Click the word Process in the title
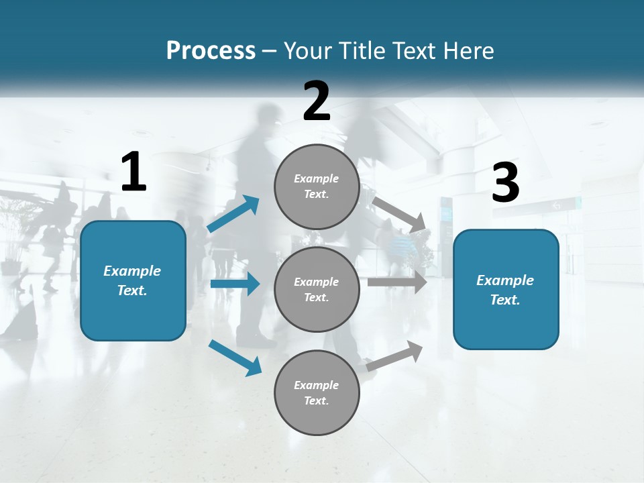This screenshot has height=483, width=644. pos(211,51)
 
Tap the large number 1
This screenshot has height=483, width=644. pos(133,172)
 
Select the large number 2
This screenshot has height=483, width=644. pos(317,101)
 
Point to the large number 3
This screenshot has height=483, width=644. pos(506,183)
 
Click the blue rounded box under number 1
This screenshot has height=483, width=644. pos(133,280)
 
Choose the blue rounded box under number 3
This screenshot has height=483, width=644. pos(506,289)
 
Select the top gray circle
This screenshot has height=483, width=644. pos(317,186)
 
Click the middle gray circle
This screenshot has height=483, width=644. pos(317,289)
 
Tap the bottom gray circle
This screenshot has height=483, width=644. pos(317,392)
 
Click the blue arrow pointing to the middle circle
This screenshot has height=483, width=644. pos(235,284)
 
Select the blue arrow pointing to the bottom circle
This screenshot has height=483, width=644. pos(235,358)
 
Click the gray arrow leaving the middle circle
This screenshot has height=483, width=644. pos(397,282)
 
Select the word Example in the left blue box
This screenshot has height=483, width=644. pos(132,271)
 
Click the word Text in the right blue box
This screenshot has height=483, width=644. pos(504,300)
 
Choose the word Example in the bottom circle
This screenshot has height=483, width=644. pos(316,385)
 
